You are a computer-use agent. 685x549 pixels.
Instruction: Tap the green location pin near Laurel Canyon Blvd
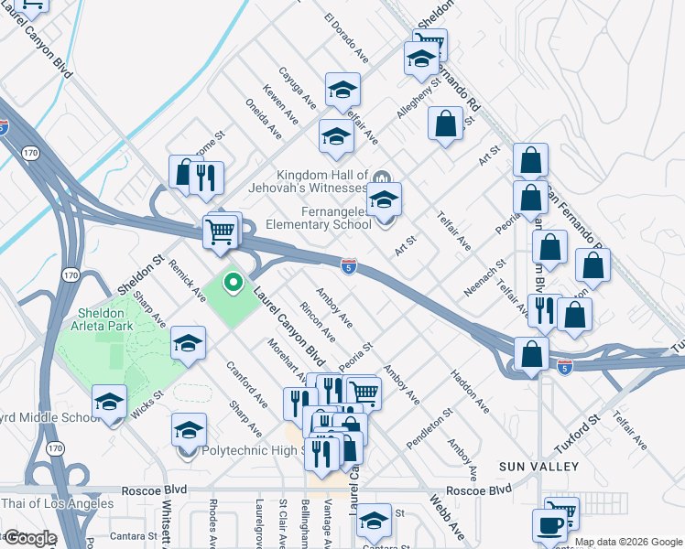[233, 283]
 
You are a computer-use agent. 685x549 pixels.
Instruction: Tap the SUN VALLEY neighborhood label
[538, 467]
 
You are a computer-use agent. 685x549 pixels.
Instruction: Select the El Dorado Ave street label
[346, 38]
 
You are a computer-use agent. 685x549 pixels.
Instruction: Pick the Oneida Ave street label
[265, 119]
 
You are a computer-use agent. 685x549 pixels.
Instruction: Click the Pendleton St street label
[429, 428]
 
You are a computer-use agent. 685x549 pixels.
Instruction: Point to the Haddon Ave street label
[468, 389]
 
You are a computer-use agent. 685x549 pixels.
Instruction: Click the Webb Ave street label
[448, 518]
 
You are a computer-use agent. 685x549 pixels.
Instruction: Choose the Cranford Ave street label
[246, 384]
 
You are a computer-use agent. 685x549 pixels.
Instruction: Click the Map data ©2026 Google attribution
[628, 542]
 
